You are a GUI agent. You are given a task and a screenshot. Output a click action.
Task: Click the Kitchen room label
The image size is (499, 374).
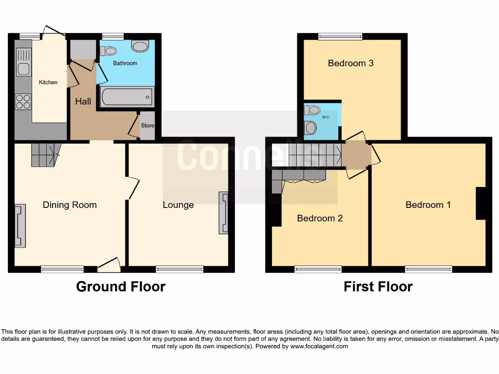[x=48, y=82]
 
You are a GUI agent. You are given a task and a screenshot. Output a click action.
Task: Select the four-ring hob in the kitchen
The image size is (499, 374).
[x=23, y=101]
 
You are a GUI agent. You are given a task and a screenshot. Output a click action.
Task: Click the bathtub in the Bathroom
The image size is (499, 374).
[x=127, y=97]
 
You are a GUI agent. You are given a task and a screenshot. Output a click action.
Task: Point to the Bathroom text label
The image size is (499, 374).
[x=125, y=63]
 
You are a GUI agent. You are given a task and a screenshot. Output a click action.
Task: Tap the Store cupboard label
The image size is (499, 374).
[x=147, y=126]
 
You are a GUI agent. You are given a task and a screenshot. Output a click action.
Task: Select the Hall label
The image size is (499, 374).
[x=83, y=102]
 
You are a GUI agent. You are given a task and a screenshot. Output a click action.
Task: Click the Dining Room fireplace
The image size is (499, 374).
[x=19, y=226]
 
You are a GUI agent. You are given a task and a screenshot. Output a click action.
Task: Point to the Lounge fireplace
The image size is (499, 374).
[x=224, y=213]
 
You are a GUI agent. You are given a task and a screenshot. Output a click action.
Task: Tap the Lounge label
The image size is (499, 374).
[x=178, y=205]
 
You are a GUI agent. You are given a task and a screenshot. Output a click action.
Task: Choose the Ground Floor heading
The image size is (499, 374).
[x=120, y=287]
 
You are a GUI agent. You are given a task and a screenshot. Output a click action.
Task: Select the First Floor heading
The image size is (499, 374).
[x=378, y=287]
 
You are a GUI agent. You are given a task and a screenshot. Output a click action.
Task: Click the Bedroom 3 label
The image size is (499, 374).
[x=350, y=63]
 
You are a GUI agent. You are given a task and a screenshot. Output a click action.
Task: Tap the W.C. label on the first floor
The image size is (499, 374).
[x=326, y=117]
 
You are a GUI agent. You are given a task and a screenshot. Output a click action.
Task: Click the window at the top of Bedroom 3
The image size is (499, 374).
[x=340, y=36]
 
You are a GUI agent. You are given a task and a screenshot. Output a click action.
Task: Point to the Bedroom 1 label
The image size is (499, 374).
[x=428, y=205]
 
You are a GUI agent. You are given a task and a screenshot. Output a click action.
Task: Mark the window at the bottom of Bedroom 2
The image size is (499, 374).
[x=318, y=269]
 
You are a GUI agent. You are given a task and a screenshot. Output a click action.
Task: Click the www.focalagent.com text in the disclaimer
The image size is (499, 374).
[x=319, y=347]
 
